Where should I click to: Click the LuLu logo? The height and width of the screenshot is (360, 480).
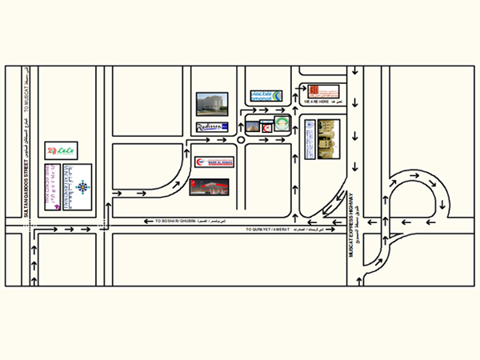(62, 150)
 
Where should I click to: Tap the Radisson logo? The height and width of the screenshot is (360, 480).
(213, 127)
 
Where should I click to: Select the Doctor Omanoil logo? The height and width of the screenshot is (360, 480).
(266, 96)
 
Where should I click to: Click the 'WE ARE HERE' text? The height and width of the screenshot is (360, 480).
(315, 102)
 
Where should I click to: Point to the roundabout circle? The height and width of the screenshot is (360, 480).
(241, 141)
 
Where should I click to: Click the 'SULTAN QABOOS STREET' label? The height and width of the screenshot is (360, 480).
(26, 187)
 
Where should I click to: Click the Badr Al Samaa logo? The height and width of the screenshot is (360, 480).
(212, 162)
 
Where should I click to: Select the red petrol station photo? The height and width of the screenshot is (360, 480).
(210, 187)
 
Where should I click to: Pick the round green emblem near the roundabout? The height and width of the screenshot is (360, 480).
(281, 122)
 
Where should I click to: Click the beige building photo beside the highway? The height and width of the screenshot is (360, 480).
(329, 139)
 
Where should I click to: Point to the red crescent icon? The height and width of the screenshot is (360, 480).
(267, 127)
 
